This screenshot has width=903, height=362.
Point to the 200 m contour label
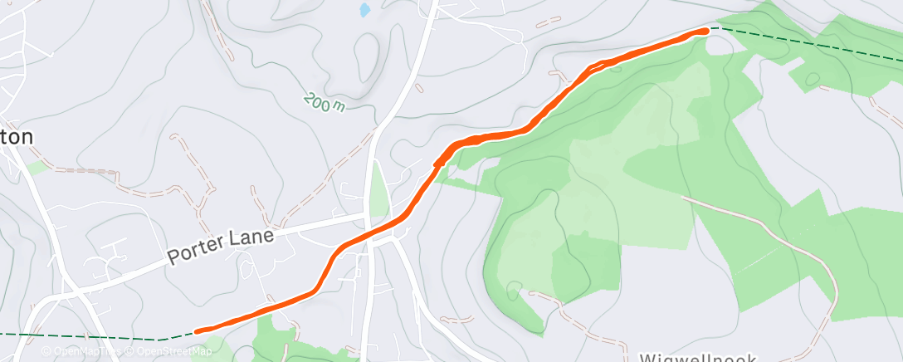[324, 103]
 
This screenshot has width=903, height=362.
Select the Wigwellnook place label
[697, 357]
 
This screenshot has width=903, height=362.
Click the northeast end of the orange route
[705, 31]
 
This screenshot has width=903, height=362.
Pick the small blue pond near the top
[364, 10]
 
